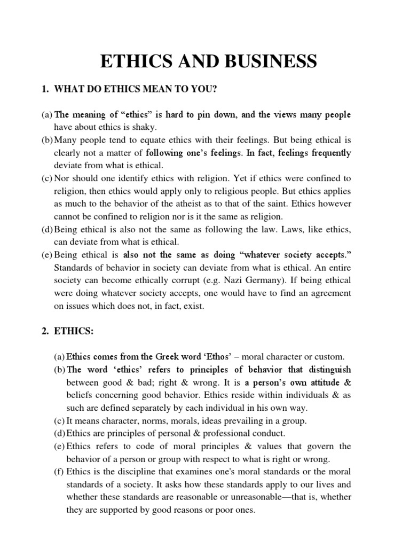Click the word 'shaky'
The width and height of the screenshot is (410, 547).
(144, 127)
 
